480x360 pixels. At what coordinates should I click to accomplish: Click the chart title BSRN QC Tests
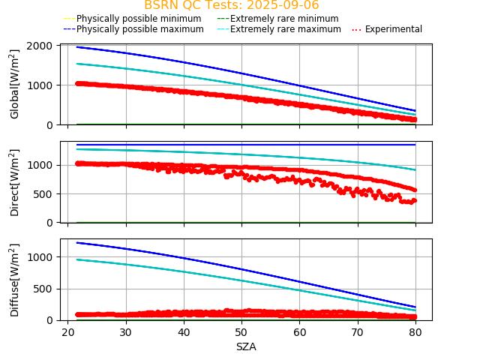click(231, 5)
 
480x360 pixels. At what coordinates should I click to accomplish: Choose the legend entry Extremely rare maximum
click(285, 29)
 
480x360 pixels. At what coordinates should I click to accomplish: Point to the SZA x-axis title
click(246, 346)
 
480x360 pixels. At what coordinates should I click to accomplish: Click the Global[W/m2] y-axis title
click(15, 84)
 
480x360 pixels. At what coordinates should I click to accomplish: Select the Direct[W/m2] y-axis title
click(15, 182)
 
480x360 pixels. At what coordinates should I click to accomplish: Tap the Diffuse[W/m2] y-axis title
click(15, 280)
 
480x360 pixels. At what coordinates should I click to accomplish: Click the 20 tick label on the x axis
click(67, 332)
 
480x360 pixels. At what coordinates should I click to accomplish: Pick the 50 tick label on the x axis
click(241, 332)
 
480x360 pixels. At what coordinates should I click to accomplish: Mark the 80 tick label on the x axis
click(415, 332)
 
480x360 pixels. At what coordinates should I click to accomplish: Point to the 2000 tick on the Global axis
click(40, 46)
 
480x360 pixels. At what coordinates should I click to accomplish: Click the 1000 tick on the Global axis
click(40, 85)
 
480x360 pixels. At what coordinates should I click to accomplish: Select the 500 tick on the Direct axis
click(43, 193)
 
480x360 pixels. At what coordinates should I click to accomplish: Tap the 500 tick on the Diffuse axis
click(43, 289)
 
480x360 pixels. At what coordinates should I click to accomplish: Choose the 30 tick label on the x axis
click(126, 332)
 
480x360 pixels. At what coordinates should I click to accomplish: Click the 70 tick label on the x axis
click(357, 332)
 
